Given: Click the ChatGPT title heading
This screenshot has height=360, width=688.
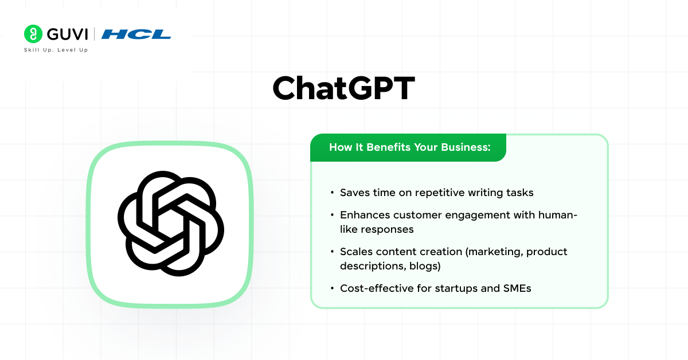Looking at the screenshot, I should pyautogui.click(x=343, y=88).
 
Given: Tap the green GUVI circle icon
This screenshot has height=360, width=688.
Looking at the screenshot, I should pyautogui.click(x=33, y=34).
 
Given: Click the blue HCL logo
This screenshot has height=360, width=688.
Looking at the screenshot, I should pyautogui.click(x=136, y=34).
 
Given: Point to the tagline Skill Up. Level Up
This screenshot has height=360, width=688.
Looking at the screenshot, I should pyautogui.click(x=56, y=50).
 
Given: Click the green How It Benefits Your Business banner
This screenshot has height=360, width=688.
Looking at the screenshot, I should pyautogui.click(x=408, y=148).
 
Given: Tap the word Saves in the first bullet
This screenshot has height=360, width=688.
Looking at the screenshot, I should pyautogui.click(x=355, y=193).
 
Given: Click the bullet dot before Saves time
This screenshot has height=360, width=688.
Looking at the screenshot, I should pyautogui.click(x=333, y=193).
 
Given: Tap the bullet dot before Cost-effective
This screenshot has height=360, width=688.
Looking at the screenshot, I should pyautogui.click(x=333, y=289).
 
